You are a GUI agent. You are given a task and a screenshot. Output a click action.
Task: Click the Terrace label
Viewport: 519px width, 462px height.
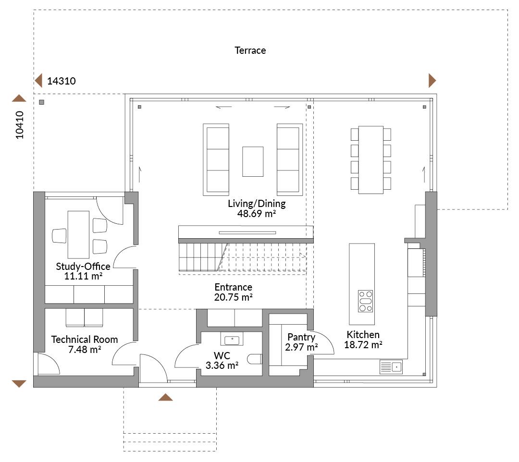(250, 50)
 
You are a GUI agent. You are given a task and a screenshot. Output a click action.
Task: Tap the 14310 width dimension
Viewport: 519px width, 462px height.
(61, 81)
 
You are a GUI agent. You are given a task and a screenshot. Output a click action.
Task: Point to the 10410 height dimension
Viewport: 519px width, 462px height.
(20, 125)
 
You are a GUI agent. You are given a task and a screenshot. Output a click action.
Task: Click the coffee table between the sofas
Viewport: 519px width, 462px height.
(253, 161)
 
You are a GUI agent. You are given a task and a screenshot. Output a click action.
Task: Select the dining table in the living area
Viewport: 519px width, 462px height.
(371, 160)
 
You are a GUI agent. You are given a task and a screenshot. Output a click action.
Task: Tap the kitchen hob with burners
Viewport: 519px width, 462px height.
(365, 301)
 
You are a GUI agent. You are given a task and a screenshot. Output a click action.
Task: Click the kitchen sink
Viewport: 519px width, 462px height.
(391, 367)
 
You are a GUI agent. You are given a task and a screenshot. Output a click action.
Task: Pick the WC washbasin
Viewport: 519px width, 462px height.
(232, 340)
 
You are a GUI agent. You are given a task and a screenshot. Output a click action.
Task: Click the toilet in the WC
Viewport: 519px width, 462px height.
(255, 359)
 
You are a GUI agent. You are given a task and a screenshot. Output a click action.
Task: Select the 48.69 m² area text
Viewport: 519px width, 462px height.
(257, 214)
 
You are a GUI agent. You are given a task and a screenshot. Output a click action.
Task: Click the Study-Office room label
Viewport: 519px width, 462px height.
(83, 266)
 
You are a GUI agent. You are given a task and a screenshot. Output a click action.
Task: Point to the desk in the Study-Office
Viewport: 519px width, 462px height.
(78, 234)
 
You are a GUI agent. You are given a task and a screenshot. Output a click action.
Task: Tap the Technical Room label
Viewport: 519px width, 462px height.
(85, 340)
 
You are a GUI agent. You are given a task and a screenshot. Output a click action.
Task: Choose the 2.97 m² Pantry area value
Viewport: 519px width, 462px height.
(301, 347)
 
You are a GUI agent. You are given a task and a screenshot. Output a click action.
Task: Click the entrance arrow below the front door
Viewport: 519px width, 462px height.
(165, 397)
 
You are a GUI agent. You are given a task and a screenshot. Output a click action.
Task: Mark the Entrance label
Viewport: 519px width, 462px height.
(234, 287)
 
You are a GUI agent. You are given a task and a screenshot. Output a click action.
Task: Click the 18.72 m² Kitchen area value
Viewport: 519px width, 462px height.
(363, 345)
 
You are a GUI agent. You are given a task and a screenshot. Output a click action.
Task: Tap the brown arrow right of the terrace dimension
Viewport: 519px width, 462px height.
(432, 80)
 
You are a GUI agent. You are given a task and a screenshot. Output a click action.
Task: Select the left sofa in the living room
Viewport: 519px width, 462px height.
(216, 160)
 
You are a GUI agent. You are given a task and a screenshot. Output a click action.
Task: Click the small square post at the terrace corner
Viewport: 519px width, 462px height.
(41, 102)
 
